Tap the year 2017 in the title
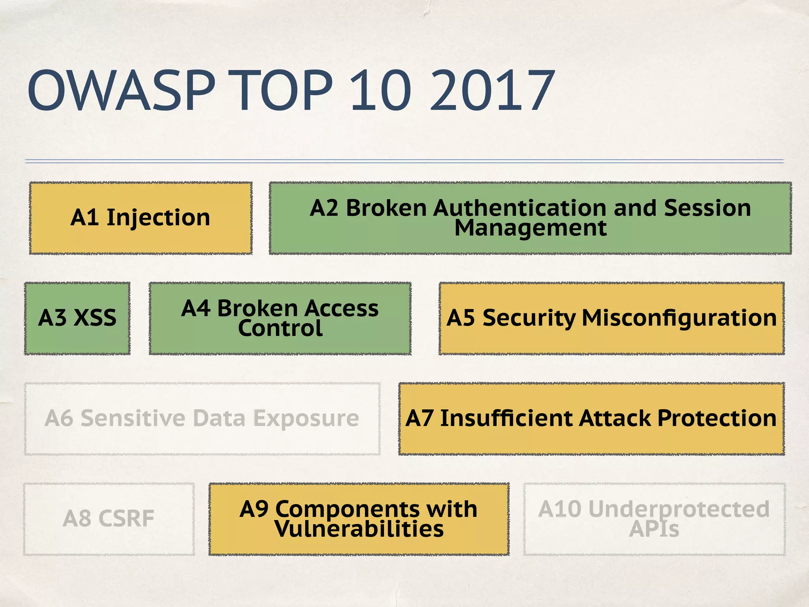[x=492, y=90]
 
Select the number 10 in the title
[x=381, y=90]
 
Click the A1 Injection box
[x=141, y=218]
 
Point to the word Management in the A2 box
[x=530, y=228]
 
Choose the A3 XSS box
[x=77, y=318]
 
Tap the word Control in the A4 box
[x=280, y=328]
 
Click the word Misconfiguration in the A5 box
[x=679, y=318]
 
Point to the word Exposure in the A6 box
[x=306, y=418]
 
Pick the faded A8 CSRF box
[x=109, y=519]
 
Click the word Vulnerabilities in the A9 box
[x=359, y=529]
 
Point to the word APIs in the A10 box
[x=654, y=529]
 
